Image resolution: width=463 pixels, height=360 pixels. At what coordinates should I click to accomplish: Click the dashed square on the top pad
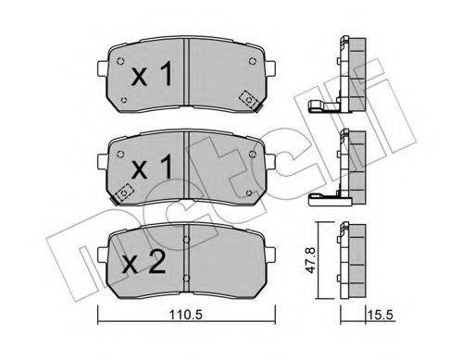[248, 98]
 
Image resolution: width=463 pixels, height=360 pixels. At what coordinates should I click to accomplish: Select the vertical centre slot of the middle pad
[186, 167]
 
